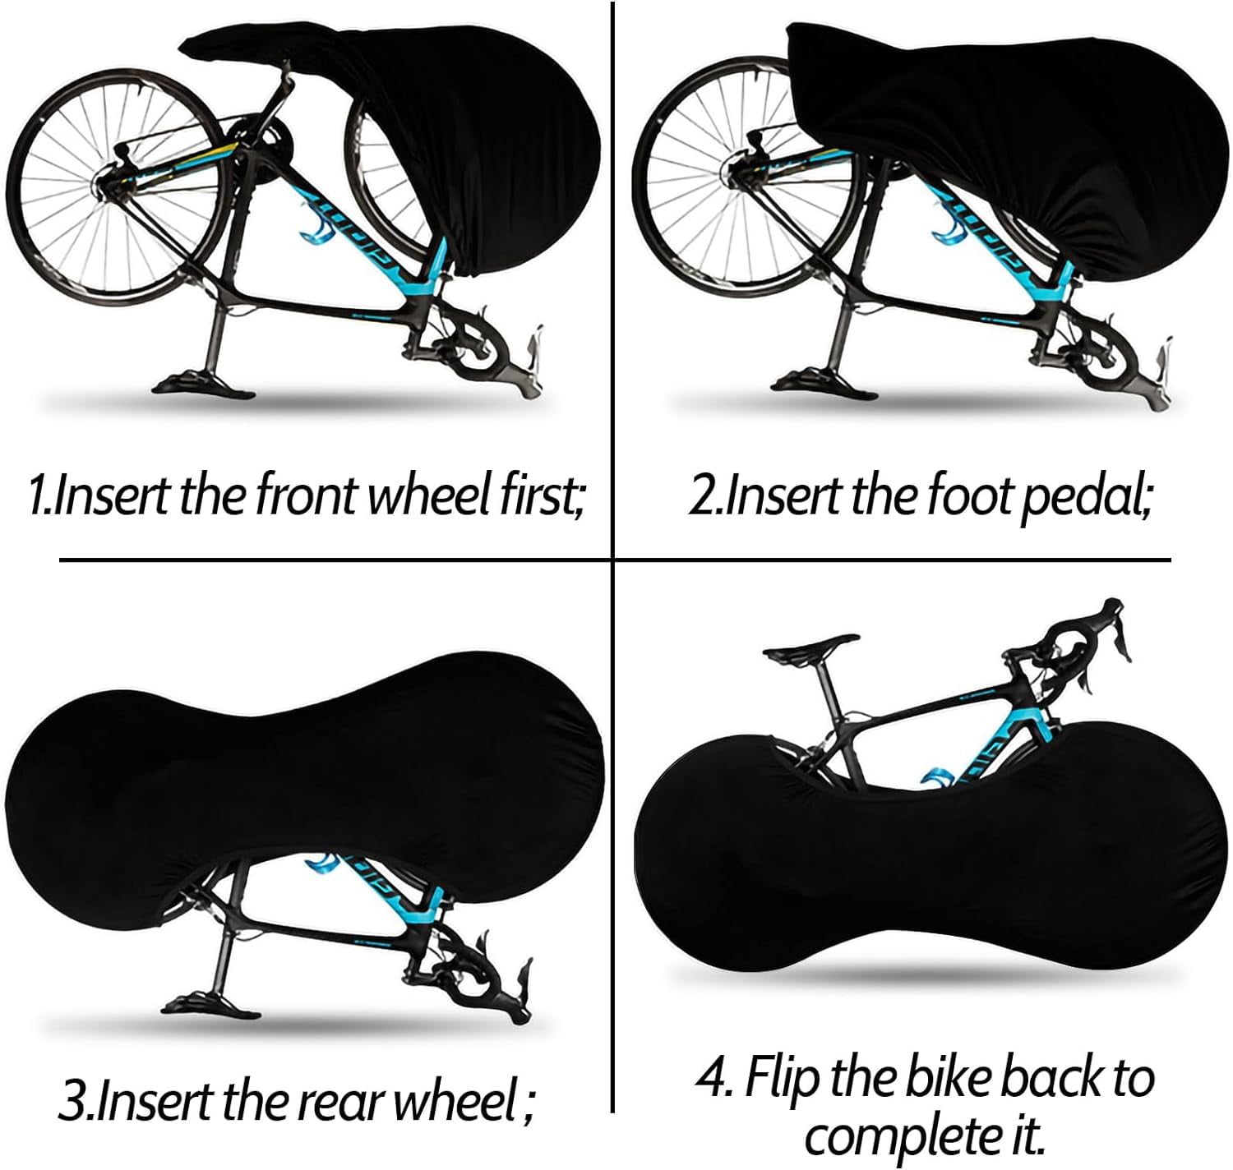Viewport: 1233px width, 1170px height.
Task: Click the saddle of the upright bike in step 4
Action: tap(810, 647)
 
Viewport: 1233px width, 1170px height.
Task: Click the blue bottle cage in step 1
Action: tap(319, 223)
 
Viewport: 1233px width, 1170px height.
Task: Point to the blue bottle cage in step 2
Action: tap(946, 223)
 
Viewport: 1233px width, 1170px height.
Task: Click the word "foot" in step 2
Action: tap(970, 495)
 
